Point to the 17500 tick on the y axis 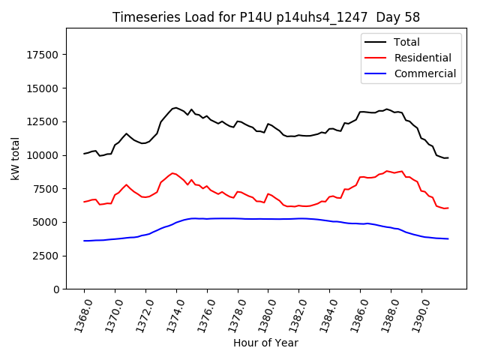click(x=43, y=55)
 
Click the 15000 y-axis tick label click(x=43, y=88)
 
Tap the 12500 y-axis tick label click(x=43, y=121)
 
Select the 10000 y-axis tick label click(x=43, y=155)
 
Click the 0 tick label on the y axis click(x=56, y=289)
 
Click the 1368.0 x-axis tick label click(x=77, y=314)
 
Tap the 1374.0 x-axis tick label click(x=169, y=314)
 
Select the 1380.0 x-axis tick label click(x=262, y=314)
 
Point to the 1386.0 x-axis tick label click(x=353, y=314)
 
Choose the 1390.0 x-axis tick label click(x=415, y=314)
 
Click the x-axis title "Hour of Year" click(x=265, y=343)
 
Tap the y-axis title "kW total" click(x=16, y=158)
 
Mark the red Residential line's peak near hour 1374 click(x=172, y=172)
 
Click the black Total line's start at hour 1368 click(x=84, y=154)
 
